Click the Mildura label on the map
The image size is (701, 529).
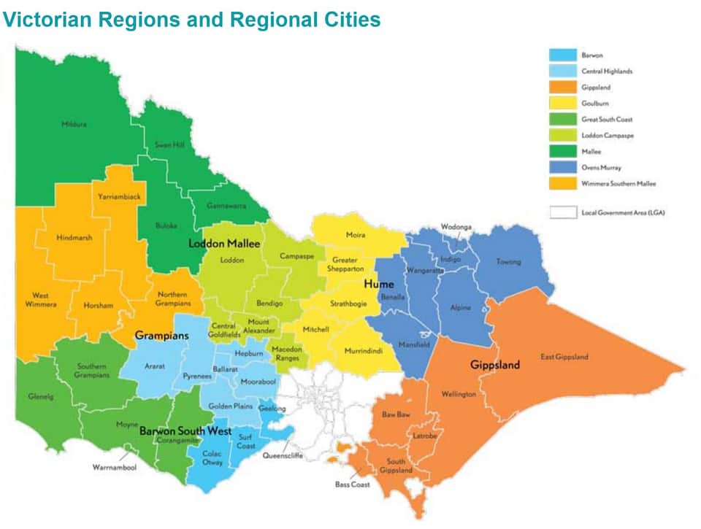pyautogui.click(x=74, y=124)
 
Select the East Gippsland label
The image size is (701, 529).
pyautogui.click(x=564, y=357)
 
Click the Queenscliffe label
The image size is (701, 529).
pyautogui.click(x=282, y=455)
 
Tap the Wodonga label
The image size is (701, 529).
pyautogui.click(x=456, y=227)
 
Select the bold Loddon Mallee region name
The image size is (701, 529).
pyautogui.click(x=224, y=244)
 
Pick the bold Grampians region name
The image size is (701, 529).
pyautogui.click(x=161, y=336)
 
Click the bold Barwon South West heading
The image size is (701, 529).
pyautogui.click(x=185, y=430)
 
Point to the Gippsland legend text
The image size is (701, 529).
pyautogui.click(x=597, y=87)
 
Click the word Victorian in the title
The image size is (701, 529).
pyautogui.click(x=47, y=20)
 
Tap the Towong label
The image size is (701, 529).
pyautogui.click(x=508, y=261)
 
